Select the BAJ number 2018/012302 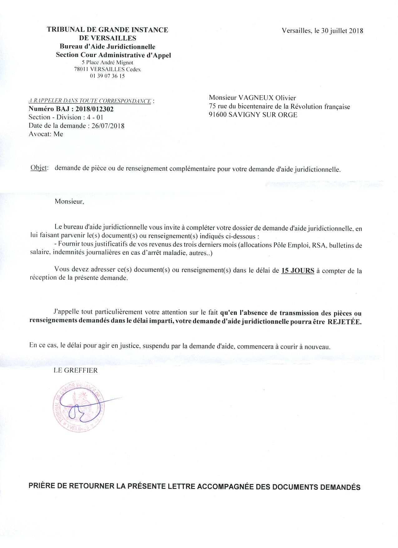(x=95, y=109)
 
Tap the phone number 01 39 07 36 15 (x=107, y=76)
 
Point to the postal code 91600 (x=218, y=115)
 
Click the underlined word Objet (x=39, y=168)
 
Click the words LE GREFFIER (x=76, y=371)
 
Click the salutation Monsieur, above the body (x=69, y=202)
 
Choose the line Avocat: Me (x=46, y=134)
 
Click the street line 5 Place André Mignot (x=107, y=62)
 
